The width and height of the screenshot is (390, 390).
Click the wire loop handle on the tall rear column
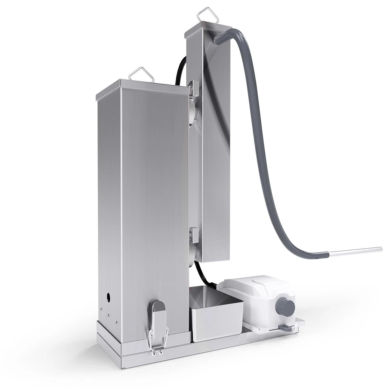(x=206, y=15)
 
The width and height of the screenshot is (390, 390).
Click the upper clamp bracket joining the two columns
(x=194, y=87)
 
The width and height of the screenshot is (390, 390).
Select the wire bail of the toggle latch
(x=157, y=339)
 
